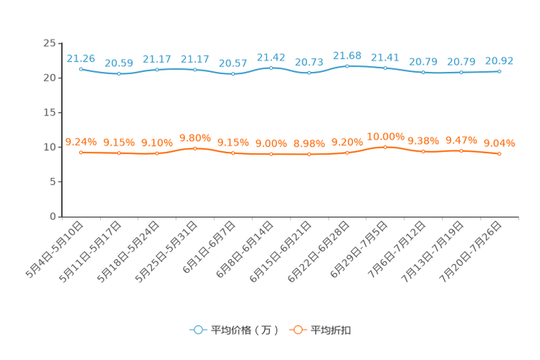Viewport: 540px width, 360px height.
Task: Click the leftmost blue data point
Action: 81,69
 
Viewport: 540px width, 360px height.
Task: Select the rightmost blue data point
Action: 499,71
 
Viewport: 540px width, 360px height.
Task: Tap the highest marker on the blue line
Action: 347,66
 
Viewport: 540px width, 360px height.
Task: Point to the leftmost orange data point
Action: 81,152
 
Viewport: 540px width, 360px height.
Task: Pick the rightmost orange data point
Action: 499,154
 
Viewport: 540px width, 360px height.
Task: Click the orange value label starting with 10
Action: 385,136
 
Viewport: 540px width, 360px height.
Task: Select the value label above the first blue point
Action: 81,58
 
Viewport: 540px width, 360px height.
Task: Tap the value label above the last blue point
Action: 499,60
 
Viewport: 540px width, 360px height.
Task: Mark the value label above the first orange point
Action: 81,142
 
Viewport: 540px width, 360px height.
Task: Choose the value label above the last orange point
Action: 499,143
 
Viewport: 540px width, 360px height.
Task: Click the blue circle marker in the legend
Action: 197,330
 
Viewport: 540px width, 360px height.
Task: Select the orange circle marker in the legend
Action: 296,330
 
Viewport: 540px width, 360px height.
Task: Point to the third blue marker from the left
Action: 157,70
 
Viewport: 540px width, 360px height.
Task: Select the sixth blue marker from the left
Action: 271,68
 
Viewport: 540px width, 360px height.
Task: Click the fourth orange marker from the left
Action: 195,148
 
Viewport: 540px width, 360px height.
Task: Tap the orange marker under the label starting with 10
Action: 385,147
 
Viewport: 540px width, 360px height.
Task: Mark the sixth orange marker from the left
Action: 271,154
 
